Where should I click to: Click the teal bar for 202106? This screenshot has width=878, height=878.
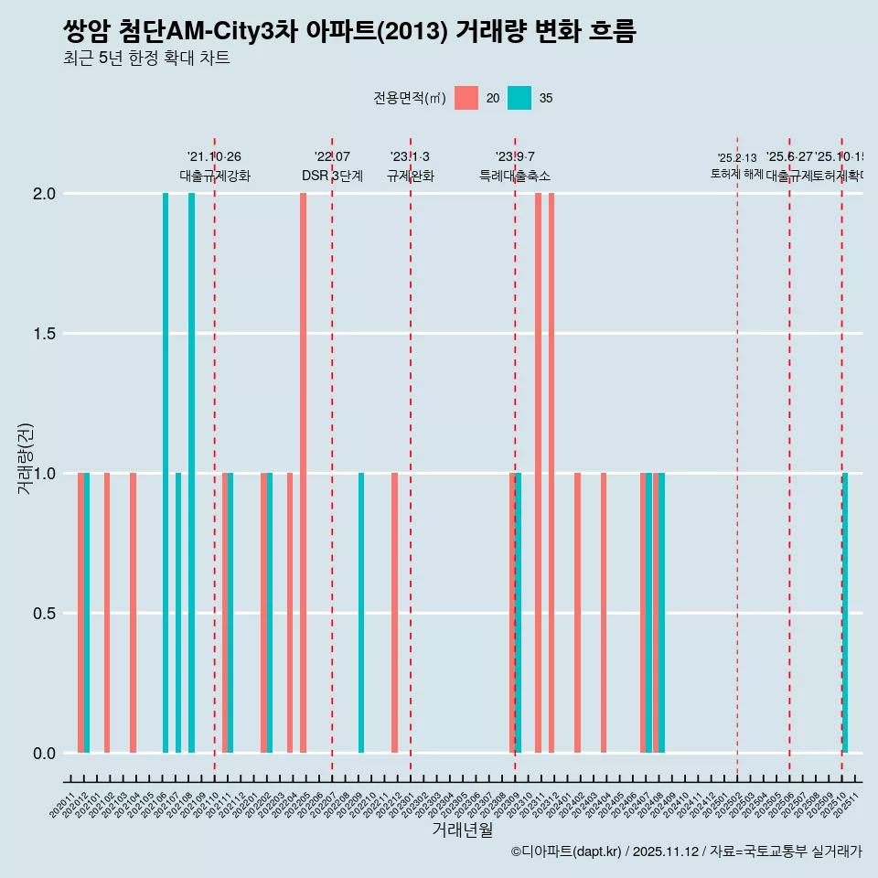(166, 473)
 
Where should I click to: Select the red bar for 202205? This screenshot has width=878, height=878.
(303, 473)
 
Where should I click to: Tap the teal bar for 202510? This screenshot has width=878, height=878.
(845, 613)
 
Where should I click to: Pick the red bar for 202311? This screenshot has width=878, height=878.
(538, 473)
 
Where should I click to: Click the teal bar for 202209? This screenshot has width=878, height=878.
(361, 613)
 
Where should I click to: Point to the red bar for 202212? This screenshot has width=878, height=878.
(394, 613)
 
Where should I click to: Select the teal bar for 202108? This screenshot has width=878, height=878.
(191, 473)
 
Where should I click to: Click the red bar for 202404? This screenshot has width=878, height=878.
(604, 613)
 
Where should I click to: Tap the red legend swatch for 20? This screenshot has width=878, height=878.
(466, 98)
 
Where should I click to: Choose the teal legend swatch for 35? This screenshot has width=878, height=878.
(519, 98)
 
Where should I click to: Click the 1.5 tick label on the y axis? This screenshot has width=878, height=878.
(43, 334)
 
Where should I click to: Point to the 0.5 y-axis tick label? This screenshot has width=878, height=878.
(43, 614)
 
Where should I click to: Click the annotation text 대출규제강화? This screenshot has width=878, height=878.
(215, 177)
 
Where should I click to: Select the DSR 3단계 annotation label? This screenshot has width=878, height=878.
(333, 177)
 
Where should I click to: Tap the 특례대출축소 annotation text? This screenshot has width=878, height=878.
(515, 177)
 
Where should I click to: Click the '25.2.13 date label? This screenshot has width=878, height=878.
(737, 158)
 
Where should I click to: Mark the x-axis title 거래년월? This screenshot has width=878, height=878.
(463, 830)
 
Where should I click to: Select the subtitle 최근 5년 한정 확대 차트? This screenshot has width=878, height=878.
(146, 59)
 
